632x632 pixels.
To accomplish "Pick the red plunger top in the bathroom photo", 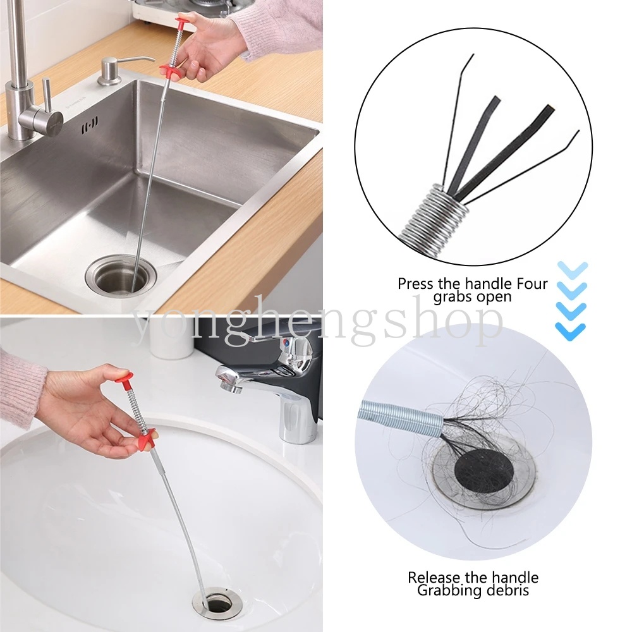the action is point(123,378).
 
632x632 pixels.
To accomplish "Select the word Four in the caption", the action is point(532,284).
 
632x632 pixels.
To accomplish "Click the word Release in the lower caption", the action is point(434,577).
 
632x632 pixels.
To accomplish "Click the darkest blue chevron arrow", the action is point(570,331).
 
